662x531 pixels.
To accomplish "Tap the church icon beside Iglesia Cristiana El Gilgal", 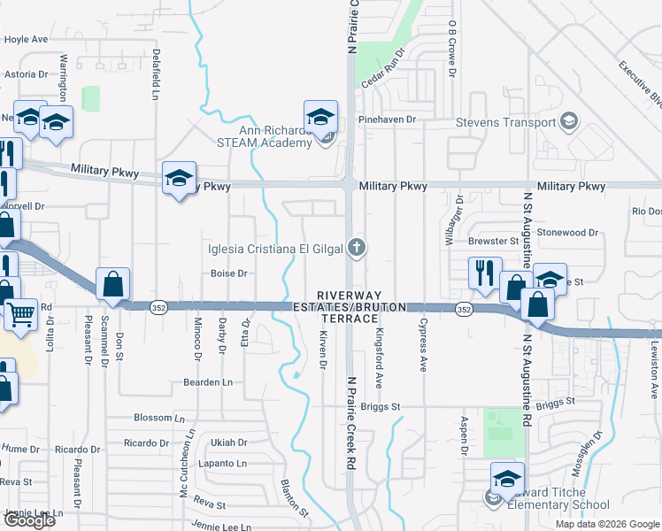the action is (x=357, y=247).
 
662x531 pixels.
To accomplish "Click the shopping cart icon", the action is (x=21, y=312).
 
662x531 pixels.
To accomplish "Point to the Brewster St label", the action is (x=494, y=241).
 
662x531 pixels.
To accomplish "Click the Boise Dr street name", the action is (x=228, y=273).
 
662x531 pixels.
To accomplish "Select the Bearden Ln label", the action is (x=207, y=382).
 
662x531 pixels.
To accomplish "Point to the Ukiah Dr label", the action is (x=228, y=442).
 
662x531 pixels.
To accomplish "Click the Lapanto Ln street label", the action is (x=223, y=464).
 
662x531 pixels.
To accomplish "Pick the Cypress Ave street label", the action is (x=423, y=344).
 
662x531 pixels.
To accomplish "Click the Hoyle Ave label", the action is (x=27, y=40).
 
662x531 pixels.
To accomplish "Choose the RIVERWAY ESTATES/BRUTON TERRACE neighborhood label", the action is (x=350, y=306).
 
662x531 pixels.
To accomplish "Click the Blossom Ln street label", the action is (x=159, y=418).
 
